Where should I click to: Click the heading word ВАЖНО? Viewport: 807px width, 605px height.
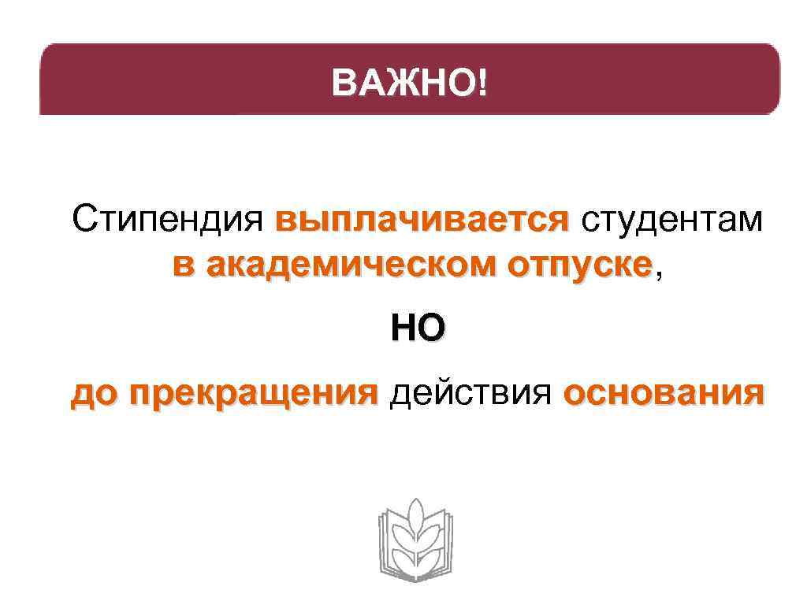[404, 81]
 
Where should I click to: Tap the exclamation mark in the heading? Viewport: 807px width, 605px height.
[482, 81]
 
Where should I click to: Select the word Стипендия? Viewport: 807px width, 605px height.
[166, 220]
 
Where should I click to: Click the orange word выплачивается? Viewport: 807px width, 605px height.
[422, 220]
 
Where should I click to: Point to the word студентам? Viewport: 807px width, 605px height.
[672, 220]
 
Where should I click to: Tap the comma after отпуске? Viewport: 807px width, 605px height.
[659, 273]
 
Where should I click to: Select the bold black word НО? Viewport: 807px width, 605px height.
[418, 328]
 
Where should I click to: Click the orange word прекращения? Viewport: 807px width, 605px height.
[255, 392]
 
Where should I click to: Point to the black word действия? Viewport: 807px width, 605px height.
[470, 392]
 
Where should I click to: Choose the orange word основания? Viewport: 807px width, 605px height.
[664, 392]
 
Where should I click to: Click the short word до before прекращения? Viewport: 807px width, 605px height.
[93, 392]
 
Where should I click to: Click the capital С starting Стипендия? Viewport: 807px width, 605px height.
[83, 220]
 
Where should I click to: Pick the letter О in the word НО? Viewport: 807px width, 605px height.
[430, 328]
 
